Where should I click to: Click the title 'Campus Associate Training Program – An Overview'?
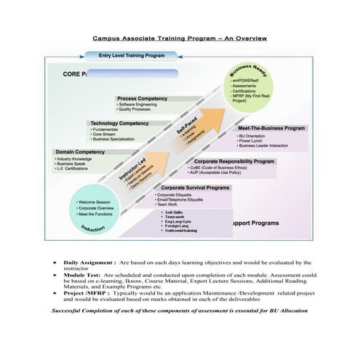tap(179, 38)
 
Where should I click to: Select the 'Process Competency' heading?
tap(143, 98)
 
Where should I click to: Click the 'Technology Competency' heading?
tap(119, 124)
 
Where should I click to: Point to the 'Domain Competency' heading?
tap(80, 151)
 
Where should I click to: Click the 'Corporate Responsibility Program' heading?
tap(235, 161)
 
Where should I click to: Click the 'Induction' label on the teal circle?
tap(92, 229)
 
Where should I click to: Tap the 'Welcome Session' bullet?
tap(95, 202)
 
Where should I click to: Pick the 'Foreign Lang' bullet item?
tap(178, 226)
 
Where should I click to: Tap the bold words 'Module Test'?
tap(82, 276)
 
